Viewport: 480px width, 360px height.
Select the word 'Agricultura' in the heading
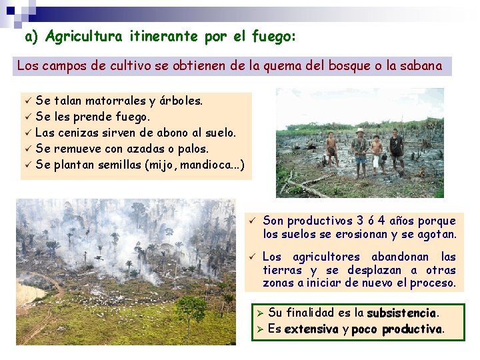coord(83,37)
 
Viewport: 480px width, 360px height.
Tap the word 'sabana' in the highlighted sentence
coord(419,66)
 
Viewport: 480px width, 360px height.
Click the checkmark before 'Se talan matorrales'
coord(27,101)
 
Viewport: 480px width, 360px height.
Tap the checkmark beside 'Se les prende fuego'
coord(27,117)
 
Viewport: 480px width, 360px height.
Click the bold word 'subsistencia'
coord(402,313)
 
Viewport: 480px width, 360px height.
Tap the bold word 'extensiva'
coord(311,329)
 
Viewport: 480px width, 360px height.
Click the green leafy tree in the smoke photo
coord(192,314)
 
